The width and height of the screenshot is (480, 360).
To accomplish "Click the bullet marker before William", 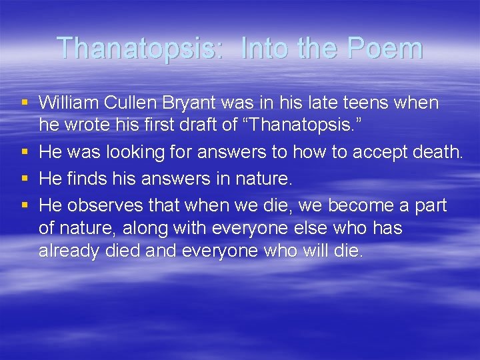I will point(25,103).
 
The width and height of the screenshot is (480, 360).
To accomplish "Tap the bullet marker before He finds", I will point(25,179).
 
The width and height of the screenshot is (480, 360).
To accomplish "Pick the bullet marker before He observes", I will point(25,206).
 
